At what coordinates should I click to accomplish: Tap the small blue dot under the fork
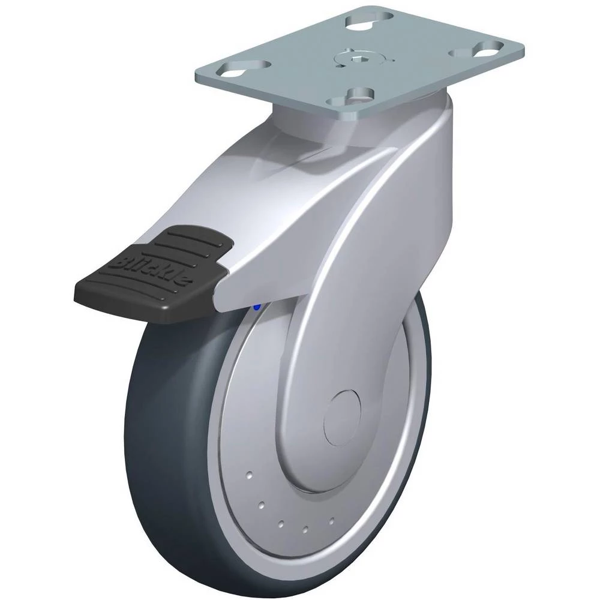click(x=257, y=307)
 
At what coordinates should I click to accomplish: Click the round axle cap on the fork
click(x=342, y=418)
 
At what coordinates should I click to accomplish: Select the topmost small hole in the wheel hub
click(x=250, y=475)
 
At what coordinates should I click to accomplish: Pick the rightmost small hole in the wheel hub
click(x=331, y=521)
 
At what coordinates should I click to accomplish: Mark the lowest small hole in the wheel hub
click(x=305, y=530)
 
